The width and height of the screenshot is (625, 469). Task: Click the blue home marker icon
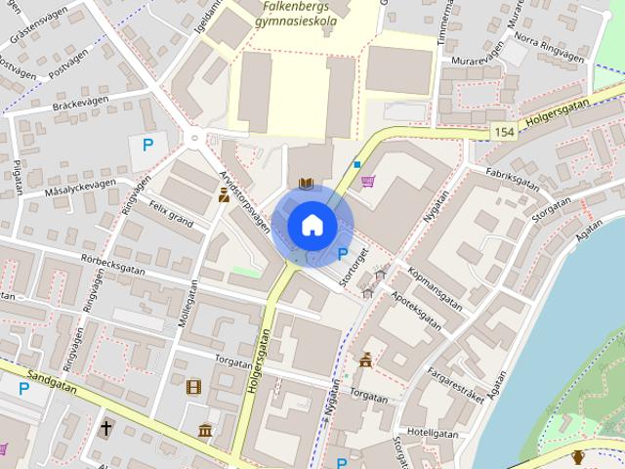click(x=312, y=225)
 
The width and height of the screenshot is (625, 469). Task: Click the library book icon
click(x=306, y=183)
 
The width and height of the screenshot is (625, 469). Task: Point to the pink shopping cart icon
click(x=368, y=181)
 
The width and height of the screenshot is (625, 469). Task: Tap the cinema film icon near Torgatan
click(x=193, y=387)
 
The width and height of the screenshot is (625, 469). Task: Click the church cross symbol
click(x=106, y=428)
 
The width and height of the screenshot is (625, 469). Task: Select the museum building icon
click(x=205, y=430)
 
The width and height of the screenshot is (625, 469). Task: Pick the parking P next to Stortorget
click(x=343, y=254)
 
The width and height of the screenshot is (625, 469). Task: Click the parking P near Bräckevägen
click(x=147, y=146)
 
